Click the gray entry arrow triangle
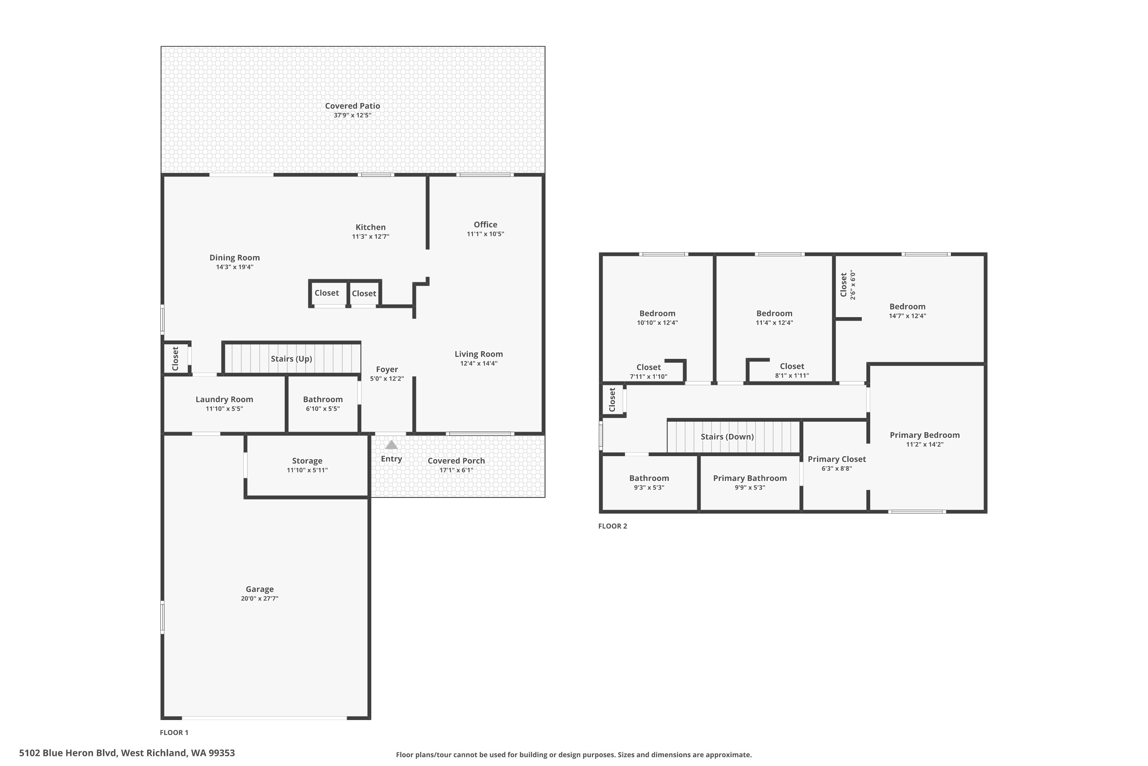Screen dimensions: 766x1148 click(x=391, y=445)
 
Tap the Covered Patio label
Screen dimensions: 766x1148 click(x=352, y=106)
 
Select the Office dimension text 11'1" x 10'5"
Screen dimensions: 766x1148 click(x=485, y=234)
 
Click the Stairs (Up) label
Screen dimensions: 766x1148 click(x=291, y=358)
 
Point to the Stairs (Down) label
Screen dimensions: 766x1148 click(x=727, y=437)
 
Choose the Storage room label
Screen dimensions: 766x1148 click(x=307, y=461)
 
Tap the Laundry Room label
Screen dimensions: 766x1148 click(x=224, y=399)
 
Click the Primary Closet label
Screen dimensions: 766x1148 click(x=837, y=459)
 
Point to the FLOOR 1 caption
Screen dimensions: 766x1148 click(x=174, y=732)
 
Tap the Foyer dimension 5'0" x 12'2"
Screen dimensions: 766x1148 click(x=386, y=379)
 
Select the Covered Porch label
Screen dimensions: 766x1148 click(x=456, y=461)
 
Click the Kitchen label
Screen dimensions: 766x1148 click(x=370, y=227)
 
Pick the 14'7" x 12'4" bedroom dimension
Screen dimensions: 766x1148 click(x=907, y=316)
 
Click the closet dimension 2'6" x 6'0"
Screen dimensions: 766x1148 click(x=853, y=285)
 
